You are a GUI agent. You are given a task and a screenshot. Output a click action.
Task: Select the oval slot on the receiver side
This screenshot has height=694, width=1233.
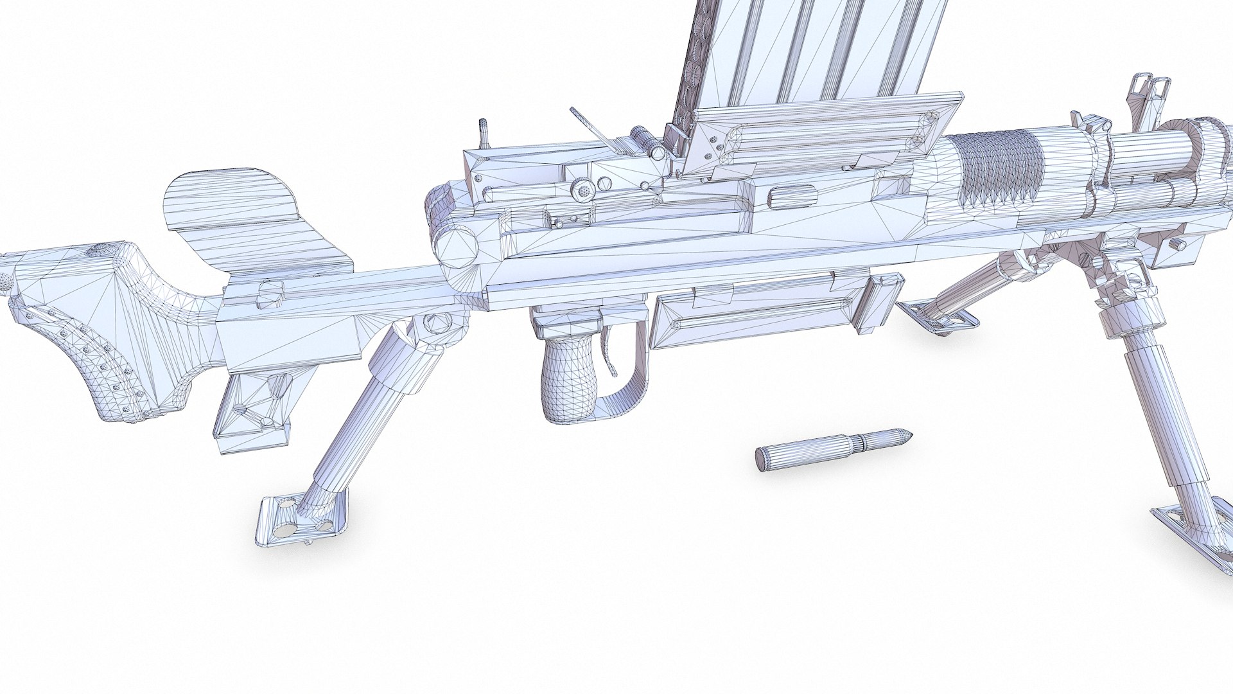tap(791, 194)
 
